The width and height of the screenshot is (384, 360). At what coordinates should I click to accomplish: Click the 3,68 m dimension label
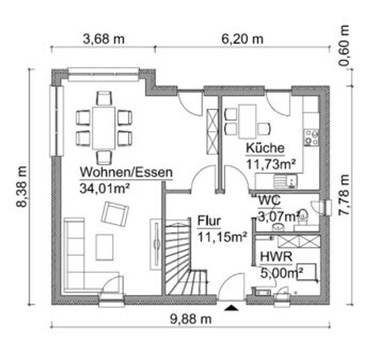pos(103,39)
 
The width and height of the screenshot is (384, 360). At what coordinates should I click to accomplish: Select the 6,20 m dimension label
pos(242,39)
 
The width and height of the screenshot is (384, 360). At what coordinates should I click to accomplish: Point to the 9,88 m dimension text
pos(191,319)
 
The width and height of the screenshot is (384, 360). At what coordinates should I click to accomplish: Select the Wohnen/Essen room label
pos(126,173)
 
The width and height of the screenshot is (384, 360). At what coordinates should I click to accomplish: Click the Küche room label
pos(265,148)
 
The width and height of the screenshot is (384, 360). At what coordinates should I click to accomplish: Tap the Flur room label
pos(209,221)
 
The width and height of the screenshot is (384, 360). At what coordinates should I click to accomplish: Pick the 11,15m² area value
pos(222,236)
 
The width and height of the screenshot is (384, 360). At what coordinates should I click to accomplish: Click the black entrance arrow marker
pos(232,308)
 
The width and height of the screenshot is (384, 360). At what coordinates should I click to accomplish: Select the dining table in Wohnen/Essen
pos(104,128)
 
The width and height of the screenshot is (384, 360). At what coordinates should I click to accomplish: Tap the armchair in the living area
pos(115,214)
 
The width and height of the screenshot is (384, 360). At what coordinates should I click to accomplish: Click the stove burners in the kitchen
pos(311,137)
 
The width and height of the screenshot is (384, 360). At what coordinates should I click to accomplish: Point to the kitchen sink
pos(285,182)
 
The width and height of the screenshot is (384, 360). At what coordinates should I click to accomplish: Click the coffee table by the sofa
pos(104,247)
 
